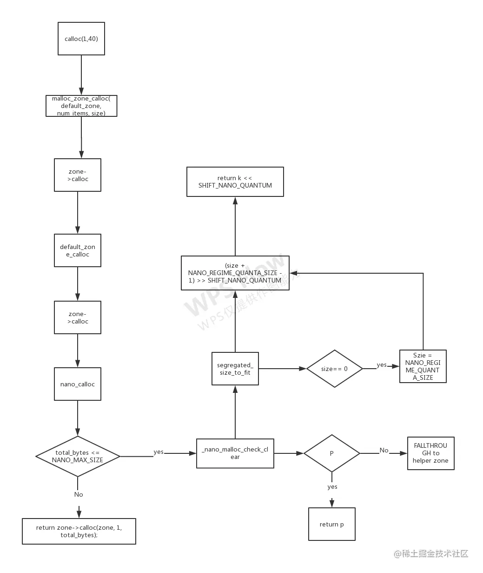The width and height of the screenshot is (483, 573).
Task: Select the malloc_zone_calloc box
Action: point(81,106)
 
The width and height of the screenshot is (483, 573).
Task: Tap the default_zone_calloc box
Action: point(78,250)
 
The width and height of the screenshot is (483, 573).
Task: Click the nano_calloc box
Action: point(78,384)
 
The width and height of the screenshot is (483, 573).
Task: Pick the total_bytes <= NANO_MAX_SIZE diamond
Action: point(78,456)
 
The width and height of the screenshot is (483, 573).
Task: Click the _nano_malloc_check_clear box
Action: point(235,453)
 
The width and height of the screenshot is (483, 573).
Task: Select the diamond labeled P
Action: point(331,453)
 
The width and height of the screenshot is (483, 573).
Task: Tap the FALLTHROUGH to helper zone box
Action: point(430,453)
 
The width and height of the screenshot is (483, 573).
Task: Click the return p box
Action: point(331,524)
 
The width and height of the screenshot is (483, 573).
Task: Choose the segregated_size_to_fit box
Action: point(235,369)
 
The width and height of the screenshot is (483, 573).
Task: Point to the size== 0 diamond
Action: point(334,369)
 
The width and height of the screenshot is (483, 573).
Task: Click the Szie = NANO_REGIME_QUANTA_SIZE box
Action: point(423,366)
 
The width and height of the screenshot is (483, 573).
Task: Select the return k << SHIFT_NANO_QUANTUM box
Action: point(235,182)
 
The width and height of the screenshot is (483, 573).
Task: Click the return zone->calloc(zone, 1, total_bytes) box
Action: point(79,531)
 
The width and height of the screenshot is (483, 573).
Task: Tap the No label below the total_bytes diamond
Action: point(79,494)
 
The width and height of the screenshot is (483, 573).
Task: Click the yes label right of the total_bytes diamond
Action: point(159,452)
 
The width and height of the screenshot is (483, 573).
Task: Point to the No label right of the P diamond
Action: point(384,450)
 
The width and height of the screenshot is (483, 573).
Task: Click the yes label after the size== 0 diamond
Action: point(382,365)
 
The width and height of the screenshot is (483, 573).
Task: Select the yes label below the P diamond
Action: point(332,486)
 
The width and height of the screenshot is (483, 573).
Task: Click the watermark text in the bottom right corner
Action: point(431,553)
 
